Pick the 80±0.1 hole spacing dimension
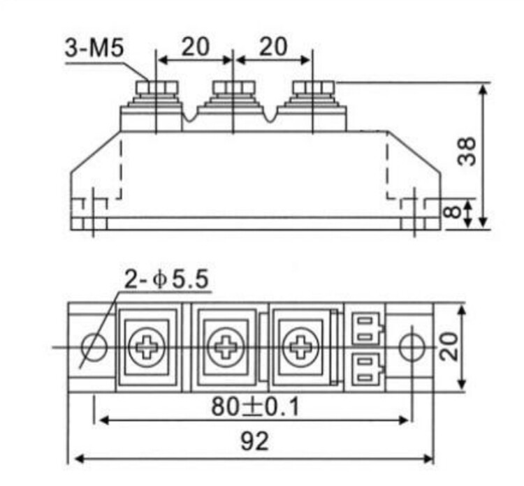coord(255,406)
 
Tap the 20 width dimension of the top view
coord(451,346)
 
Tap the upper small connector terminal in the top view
coord(367,327)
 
